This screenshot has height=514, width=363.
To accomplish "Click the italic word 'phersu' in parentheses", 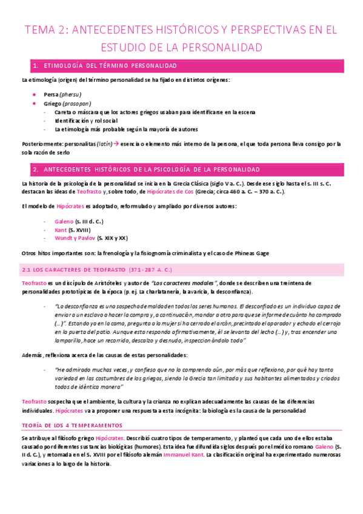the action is pos(71,95).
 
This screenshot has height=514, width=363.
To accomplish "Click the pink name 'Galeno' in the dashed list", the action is pos(64,221).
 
